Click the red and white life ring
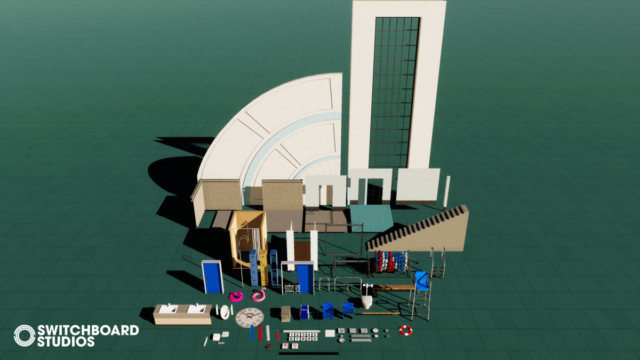[405, 331]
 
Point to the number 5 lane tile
[315, 334]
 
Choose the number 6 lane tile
[292, 339]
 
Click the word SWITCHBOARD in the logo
[87, 330]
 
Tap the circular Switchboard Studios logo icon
[24, 335]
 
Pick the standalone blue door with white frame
[213, 277]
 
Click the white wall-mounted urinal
[367, 300]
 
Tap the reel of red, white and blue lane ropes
[391, 261]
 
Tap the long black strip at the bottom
[308, 353]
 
